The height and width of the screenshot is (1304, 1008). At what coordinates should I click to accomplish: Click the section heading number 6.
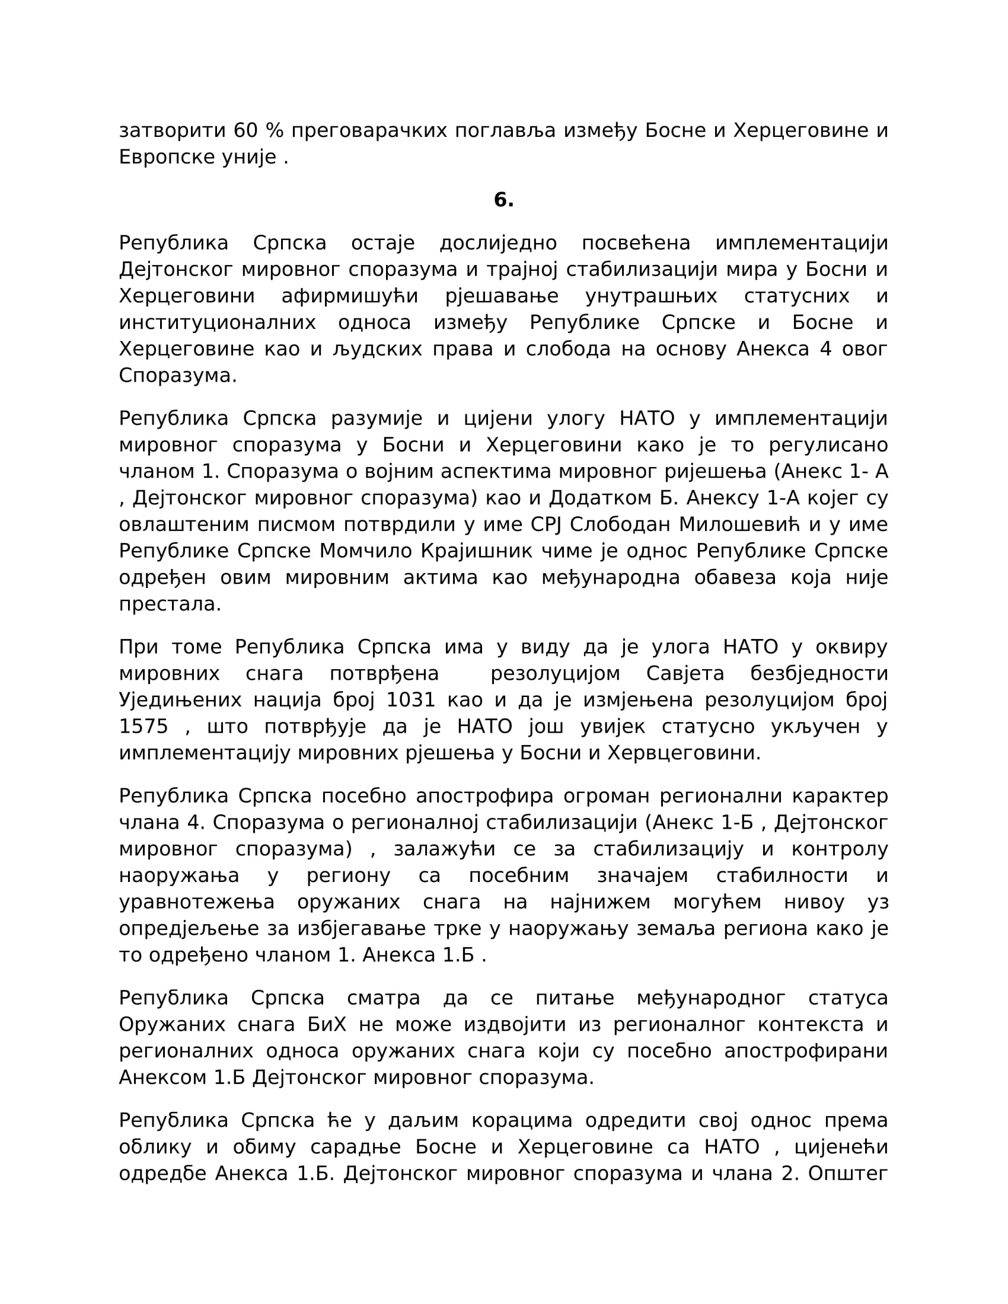click(x=503, y=200)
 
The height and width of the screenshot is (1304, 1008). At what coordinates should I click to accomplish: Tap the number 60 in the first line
click(x=245, y=130)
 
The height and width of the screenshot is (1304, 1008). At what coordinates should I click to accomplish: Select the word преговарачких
click(x=369, y=130)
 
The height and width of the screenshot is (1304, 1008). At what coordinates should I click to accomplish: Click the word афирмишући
click(x=350, y=296)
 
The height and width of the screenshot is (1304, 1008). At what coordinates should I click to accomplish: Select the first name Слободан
click(x=620, y=524)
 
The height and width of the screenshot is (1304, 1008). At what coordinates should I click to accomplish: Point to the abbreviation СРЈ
click(x=547, y=524)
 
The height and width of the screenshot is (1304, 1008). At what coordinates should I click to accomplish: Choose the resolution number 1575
click(x=143, y=727)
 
